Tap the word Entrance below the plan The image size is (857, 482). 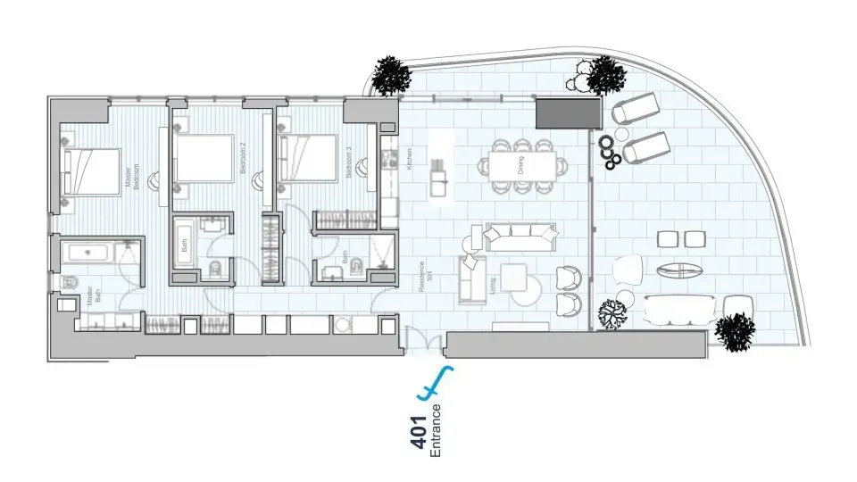coord(436,431)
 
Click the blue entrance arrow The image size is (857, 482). coord(436,383)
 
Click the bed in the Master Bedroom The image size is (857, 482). coord(91,170)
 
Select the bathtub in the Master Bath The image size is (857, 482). coord(89,252)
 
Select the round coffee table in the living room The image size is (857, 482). coord(528,287)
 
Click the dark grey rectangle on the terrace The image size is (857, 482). coord(566,113)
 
